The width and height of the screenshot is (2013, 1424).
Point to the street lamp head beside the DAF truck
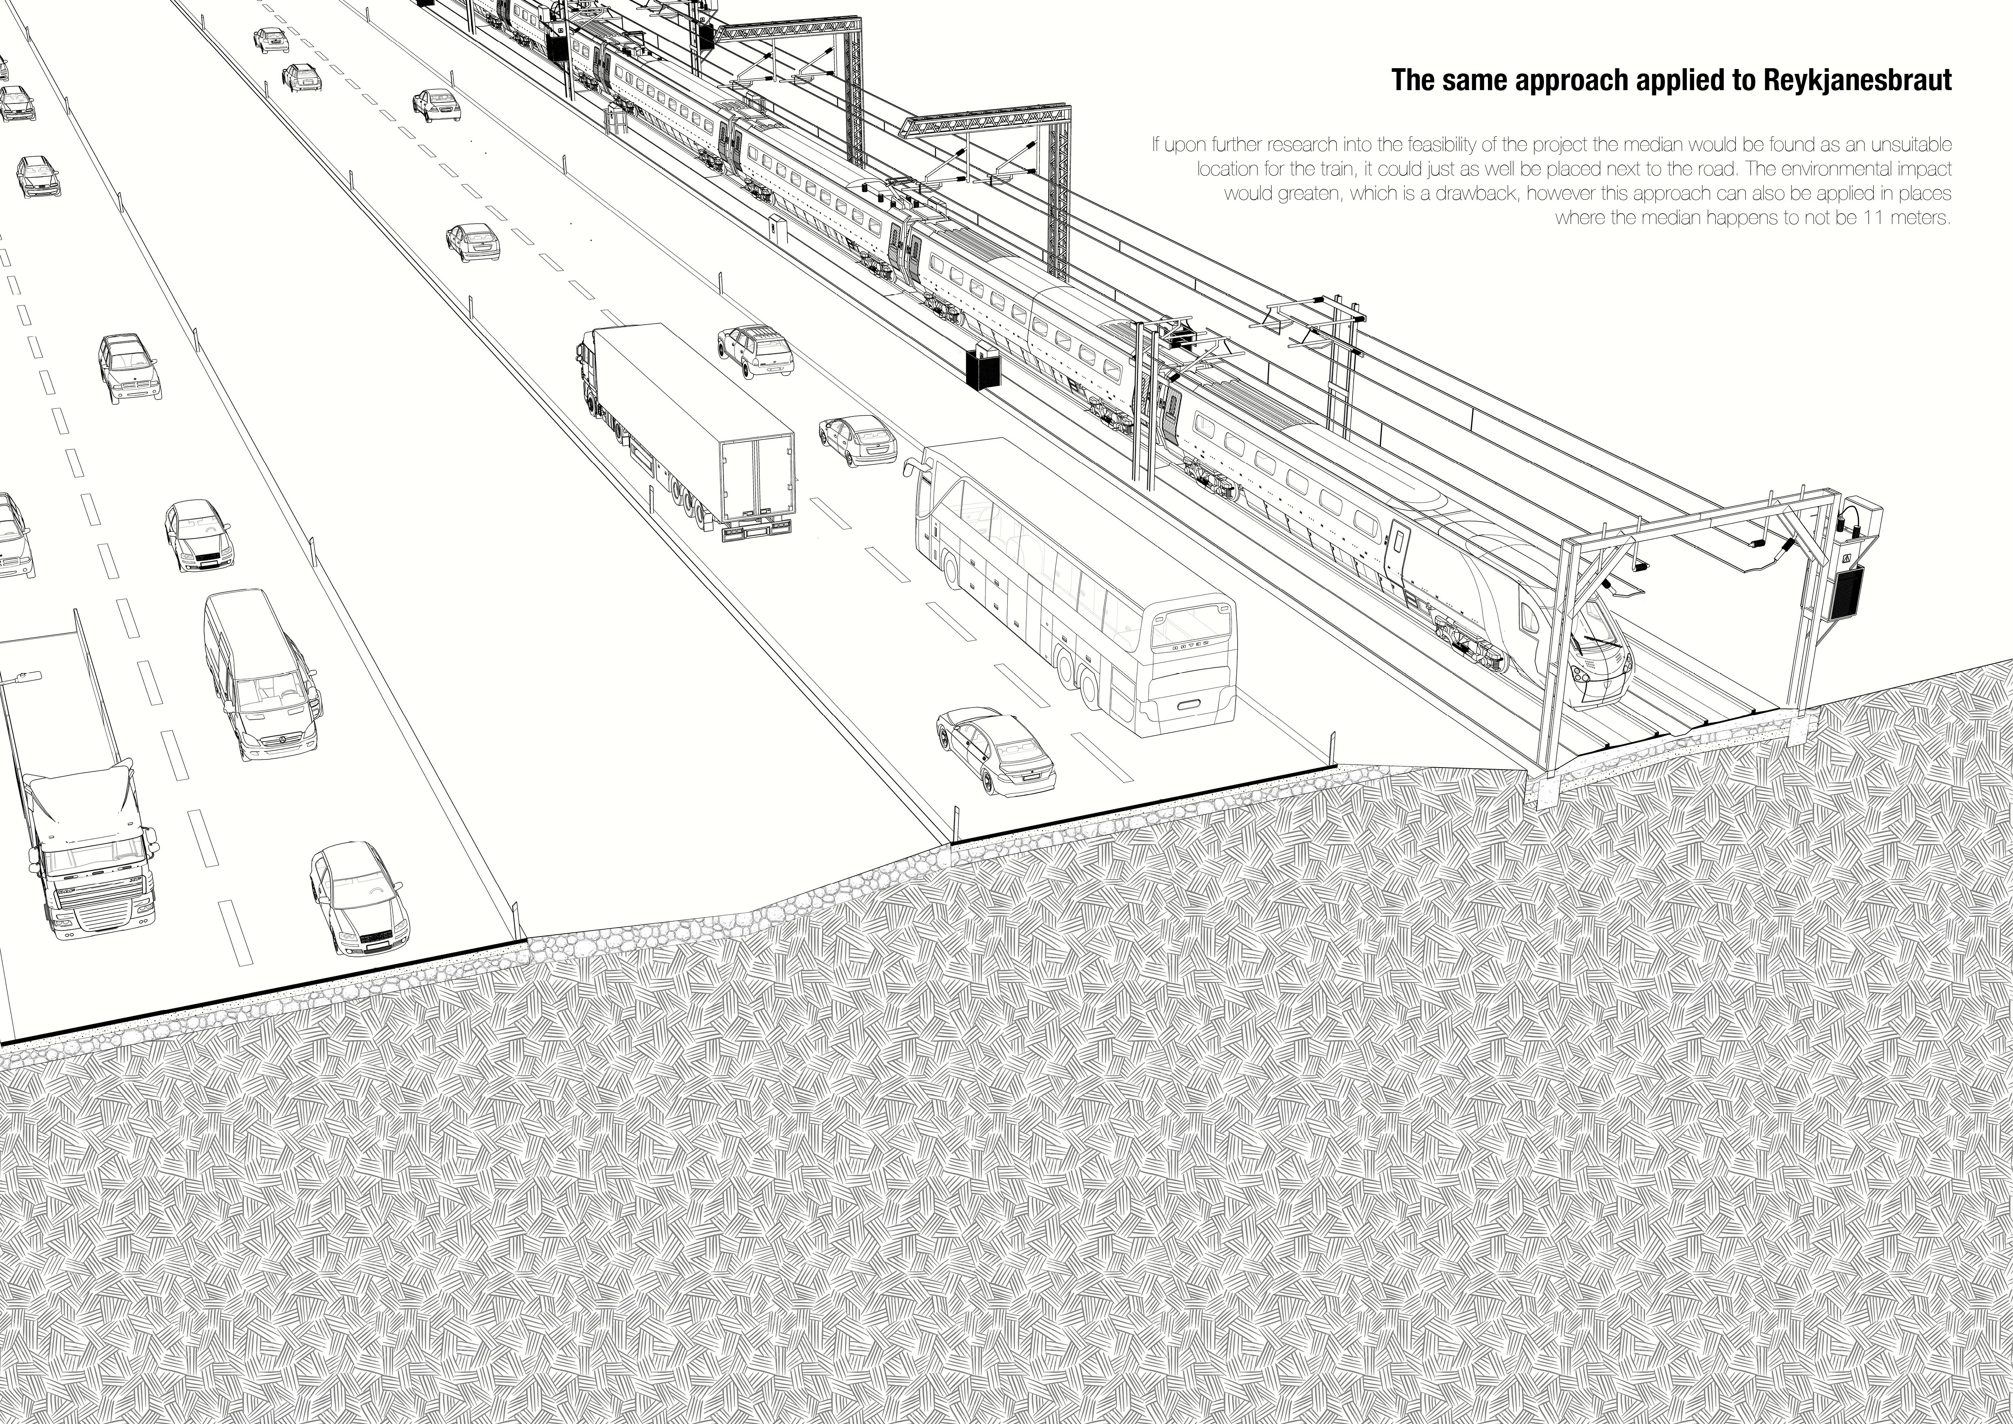pyautogui.click(x=24, y=677)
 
